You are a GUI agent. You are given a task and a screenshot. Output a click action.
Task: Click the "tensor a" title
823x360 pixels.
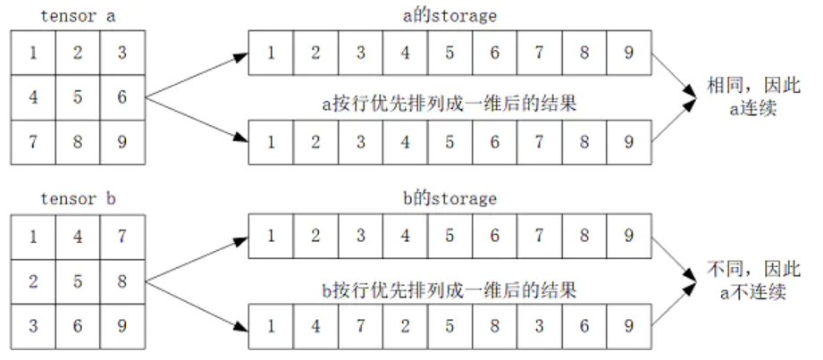pos(77,15)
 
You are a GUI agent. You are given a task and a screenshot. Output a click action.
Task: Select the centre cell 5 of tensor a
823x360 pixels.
pos(78,96)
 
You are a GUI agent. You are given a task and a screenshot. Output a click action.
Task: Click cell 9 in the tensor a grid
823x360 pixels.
pos(122,141)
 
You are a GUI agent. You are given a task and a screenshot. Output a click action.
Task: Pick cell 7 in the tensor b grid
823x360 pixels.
pos(122,236)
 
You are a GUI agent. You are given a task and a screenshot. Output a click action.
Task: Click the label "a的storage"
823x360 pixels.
pos(449,15)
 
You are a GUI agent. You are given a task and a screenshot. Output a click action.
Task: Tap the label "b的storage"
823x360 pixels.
pos(449,198)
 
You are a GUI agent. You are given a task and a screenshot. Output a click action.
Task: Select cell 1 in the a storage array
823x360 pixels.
pos(271,53)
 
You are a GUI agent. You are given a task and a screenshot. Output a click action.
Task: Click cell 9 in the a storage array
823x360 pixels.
pos(629,53)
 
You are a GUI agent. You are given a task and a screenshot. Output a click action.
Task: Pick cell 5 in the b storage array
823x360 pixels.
pos(449,237)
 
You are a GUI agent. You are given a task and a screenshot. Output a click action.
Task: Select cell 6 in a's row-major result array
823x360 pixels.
pos(494,142)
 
